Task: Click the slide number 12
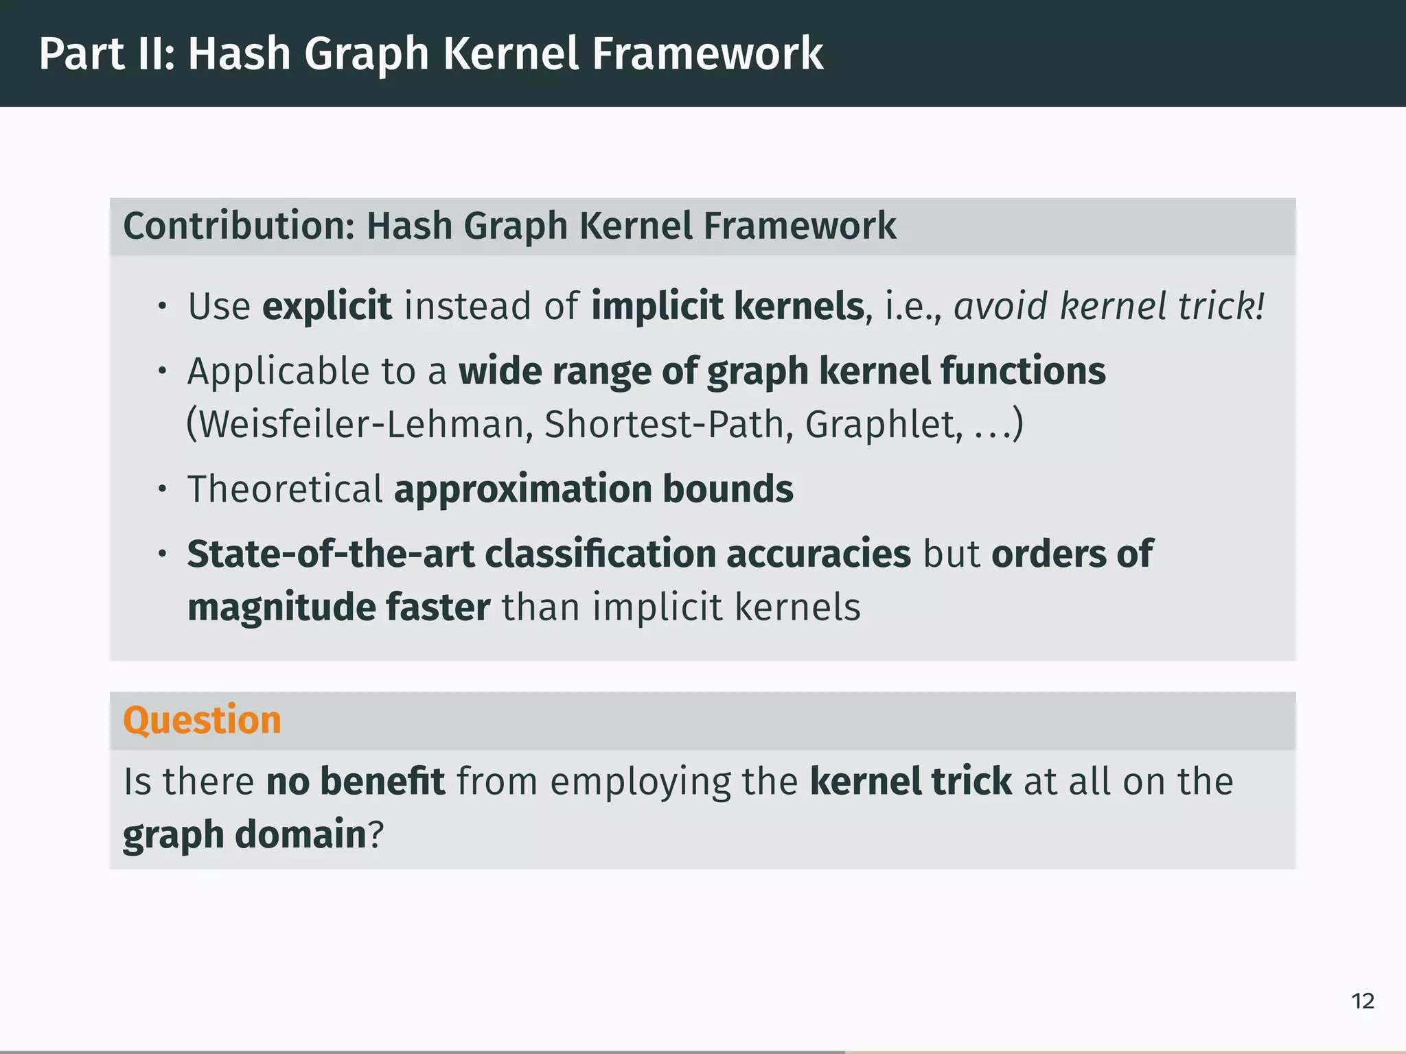pyautogui.click(x=1363, y=1001)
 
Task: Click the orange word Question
pyautogui.click(x=202, y=721)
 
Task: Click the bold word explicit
pyautogui.click(x=327, y=306)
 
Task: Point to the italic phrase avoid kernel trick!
pyautogui.click(x=1109, y=306)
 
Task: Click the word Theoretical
pyautogui.click(x=285, y=489)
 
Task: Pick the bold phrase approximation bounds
pyautogui.click(x=593, y=489)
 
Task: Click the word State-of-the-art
pyautogui.click(x=331, y=554)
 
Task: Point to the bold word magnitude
pyautogui.click(x=281, y=608)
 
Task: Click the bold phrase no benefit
pyautogui.click(x=356, y=782)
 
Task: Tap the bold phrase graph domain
pyautogui.click(x=244, y=835)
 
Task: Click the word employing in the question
pyautogui.click(x=640, y=783)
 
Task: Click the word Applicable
pyautogui.click(x=278, y=373)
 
